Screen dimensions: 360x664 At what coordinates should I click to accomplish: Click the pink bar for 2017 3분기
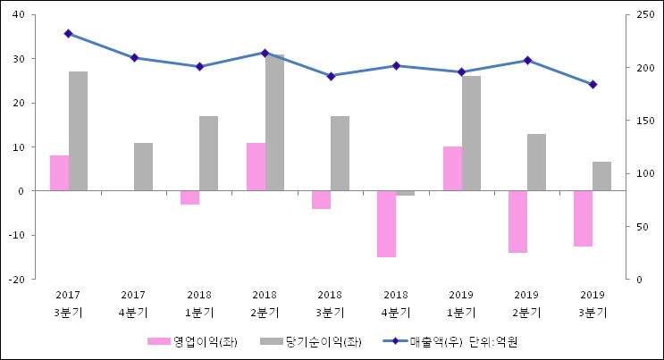59,173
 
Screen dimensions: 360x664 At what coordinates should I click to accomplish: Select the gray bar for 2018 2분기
274,123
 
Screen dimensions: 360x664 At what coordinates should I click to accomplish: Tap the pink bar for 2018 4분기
386,223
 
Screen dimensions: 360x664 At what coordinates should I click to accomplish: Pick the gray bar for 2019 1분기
471,133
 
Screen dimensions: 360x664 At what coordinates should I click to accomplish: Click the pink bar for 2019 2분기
517,222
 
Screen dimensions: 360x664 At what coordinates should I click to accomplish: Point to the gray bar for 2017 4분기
143,167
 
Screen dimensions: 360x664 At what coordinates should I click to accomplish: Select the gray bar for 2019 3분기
601,176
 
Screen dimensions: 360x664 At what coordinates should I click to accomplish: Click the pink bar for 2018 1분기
189,197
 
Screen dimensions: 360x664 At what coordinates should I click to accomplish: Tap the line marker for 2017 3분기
68,34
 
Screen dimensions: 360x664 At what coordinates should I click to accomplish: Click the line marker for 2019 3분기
593,85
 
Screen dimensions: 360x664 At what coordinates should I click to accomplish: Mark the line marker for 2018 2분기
265,53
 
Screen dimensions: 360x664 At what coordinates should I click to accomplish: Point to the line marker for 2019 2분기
527,60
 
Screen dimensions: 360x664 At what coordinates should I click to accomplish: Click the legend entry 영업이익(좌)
192,341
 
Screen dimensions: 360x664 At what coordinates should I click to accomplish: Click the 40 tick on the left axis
18,15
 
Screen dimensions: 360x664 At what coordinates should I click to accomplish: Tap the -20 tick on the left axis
16,280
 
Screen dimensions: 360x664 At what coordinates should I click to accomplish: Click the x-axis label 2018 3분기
330,304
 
